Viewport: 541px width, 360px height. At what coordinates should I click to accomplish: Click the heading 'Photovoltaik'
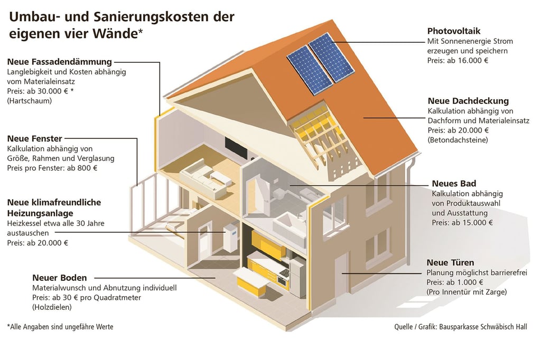[x=454, y=31]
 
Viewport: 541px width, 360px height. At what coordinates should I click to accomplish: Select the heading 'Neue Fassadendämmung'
[x=60, y=62]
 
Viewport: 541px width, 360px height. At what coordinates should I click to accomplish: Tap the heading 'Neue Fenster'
[x=35, y=139]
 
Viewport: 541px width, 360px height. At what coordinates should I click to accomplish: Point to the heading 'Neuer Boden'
[x=59, y=278]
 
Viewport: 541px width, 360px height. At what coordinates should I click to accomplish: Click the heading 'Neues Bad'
[x=454, y=184]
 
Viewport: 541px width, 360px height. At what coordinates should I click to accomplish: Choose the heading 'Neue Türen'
[x=450, y=263]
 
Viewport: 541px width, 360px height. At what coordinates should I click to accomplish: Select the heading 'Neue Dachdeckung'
[x=468, y=101]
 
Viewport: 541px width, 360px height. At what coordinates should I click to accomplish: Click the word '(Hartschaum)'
[x=30, y=101]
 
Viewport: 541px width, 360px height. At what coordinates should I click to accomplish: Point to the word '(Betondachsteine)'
[x=458, y=140]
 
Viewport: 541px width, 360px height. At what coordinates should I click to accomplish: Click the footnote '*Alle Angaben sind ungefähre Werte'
[x=60, y=327]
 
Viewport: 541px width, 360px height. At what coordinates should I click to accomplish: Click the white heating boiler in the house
[x=230, y=239]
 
